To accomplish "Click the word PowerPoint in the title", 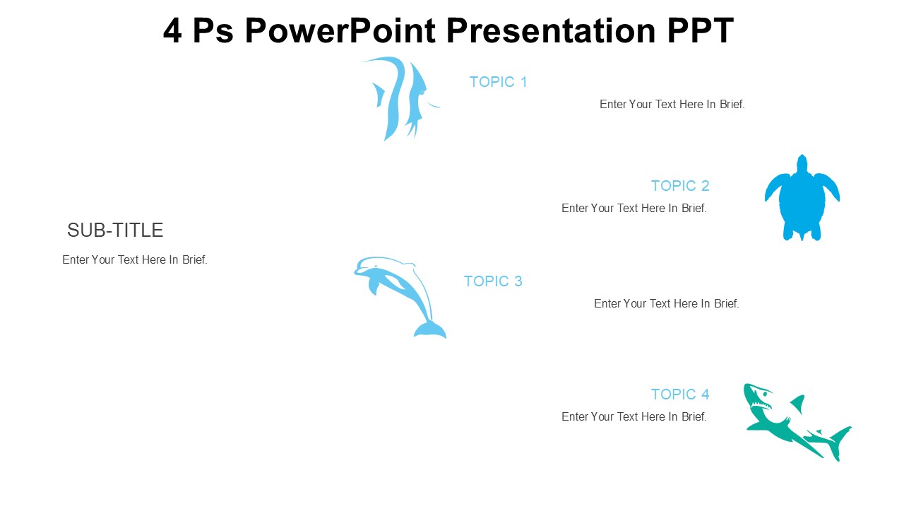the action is (x=340, y=30).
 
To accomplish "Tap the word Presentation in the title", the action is (x=552, y=30).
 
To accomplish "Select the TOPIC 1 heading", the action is (x=499, y=82).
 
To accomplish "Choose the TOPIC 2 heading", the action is (x=680, y=186).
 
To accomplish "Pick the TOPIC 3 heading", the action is (x=493, y=281).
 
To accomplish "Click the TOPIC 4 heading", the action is (x=680, y=394).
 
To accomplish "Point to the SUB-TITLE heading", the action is (x=115, y=230).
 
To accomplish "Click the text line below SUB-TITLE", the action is (x=135, y=259).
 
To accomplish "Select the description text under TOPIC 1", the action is (x=672, y=104).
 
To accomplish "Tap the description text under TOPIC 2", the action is (x=634, y=208).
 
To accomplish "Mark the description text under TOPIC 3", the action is (x=666, y=303).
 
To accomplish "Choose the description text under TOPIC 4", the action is (x=634, y=416).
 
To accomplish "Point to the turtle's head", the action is (x=802, y=163).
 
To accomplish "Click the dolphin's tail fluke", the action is (x=430, y=329).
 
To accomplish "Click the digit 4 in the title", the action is (x=172, y=30).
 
